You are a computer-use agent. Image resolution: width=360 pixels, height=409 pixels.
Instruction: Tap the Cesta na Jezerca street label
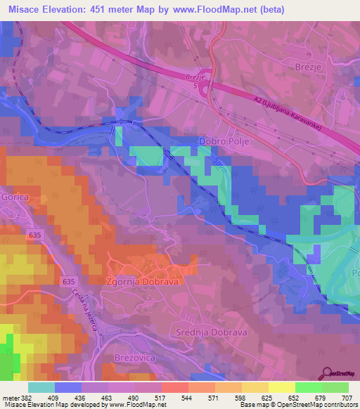click(x=81, y=317)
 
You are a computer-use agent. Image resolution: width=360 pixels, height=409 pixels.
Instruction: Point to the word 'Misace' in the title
click(x=25, y=8)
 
